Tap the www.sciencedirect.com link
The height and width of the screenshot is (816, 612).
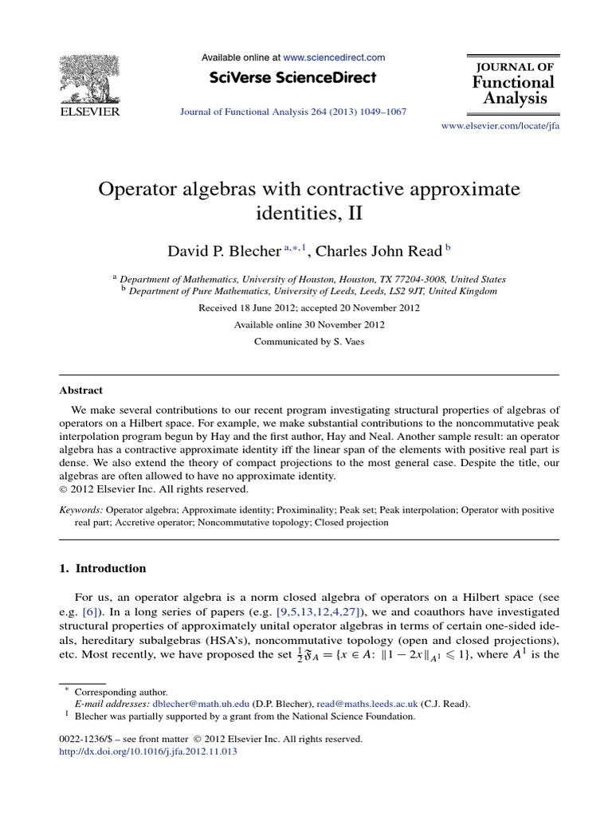coord(334,57)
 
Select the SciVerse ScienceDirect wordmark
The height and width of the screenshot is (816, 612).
coord(293,77)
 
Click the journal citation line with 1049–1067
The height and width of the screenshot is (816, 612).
coord(292,112)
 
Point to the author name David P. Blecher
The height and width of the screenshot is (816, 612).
coord(222,251)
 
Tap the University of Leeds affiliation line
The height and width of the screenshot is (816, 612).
coord(312,292)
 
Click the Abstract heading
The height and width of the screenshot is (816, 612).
coord(80,390)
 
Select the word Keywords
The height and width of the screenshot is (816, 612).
coord(80,508)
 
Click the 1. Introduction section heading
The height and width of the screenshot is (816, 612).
coord(103,568)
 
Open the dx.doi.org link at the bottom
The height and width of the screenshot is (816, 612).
coord(148,751)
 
